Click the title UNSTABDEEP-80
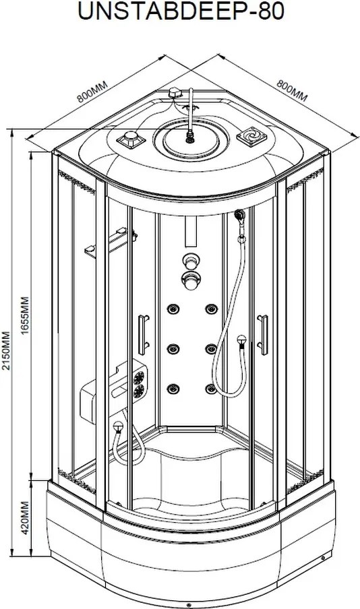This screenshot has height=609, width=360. [181, 11]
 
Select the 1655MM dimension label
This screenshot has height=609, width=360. [24, 316]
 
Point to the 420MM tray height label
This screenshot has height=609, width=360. [24, 518]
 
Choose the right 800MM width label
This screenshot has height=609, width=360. [292, 90]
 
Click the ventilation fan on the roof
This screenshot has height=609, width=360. [252, 136]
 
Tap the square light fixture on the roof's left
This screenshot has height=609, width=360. [131, 139]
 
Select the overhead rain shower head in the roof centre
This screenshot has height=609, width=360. [191, 137]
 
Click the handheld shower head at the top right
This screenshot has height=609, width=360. [241, 214]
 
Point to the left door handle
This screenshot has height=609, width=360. [144, 335]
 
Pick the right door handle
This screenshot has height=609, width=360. [263, 335]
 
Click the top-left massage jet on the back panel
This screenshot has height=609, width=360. [173, 309]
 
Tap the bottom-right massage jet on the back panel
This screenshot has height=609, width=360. [211, 389]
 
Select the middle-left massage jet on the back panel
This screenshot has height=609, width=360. [173, 348]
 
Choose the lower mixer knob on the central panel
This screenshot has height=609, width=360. [191, 280]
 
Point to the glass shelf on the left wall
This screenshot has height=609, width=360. [111, 242]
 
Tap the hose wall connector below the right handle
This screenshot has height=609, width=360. [242, 342]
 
